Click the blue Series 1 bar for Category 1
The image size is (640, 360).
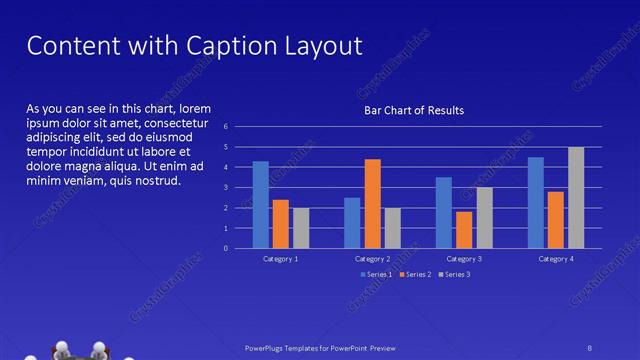(260, 205)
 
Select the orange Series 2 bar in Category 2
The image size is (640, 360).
(372, 204)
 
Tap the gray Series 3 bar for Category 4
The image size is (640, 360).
(576, 198)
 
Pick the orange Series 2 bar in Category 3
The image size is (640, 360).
(464, 230)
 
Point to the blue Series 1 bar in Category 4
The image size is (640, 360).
(536, 203)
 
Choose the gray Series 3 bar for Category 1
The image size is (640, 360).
(301, 228)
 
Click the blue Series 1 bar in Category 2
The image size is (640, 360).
(352, 223)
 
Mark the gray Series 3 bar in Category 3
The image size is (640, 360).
(484, 218)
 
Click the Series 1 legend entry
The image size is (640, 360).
(376, 273)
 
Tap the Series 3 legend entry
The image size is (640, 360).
(455, 273)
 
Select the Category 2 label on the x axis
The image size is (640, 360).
(372, 259)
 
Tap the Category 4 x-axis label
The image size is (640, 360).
(556, 259)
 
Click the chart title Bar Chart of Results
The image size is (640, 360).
(413, 110)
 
